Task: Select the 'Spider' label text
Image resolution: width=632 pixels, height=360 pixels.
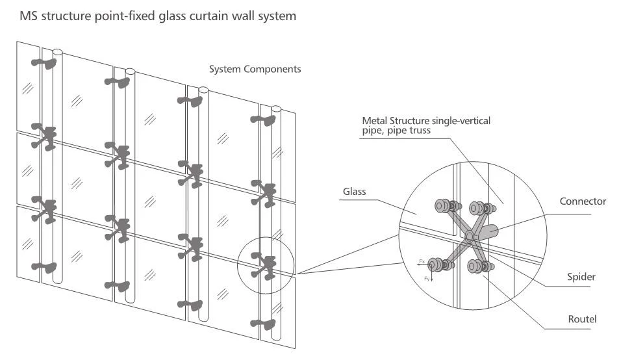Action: tap(576, 276)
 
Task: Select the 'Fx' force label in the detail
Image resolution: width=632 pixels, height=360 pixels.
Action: tap(422, 261)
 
